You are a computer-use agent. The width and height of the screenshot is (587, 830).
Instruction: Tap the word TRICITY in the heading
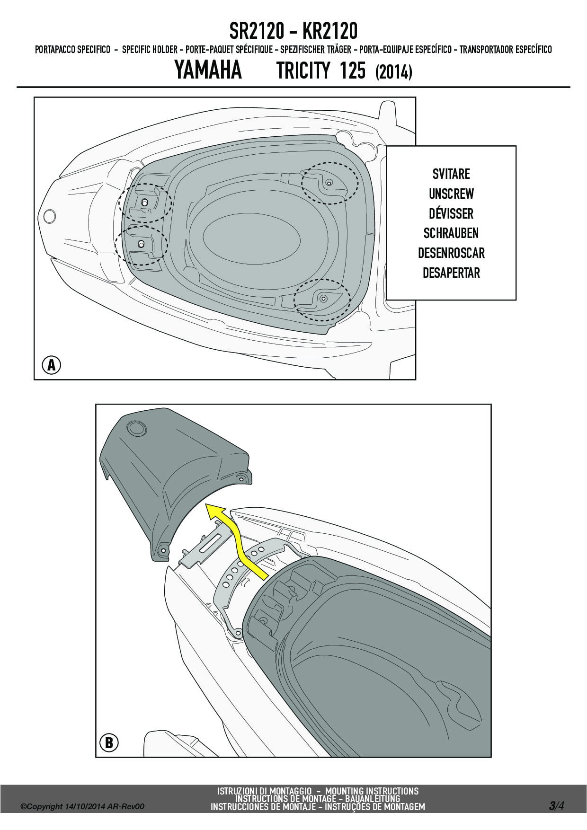click(x=303, y=71)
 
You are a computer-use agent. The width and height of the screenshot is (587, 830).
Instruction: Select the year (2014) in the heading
click(x=393, y=72)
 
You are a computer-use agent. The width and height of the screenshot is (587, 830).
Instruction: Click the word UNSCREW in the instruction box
click(x=451, y=194)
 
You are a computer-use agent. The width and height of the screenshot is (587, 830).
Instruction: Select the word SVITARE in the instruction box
click(x=451, y=174)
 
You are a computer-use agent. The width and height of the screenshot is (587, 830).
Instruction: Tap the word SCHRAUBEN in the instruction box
click(x=451, y=233)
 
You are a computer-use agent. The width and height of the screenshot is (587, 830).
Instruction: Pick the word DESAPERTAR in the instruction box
click(x=451, y=273)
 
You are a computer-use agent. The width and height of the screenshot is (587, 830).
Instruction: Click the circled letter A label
click(x=52, y=365)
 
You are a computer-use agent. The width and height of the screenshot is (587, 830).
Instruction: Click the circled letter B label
click(x=109, y=742)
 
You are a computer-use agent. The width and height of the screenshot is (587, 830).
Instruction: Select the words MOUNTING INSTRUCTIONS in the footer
click(x=372, y=791)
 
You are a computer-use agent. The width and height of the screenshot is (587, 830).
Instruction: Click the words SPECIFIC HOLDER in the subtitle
click(x=150, y=50)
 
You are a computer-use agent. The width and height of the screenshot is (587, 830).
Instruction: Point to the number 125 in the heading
click(x=353, y=71)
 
